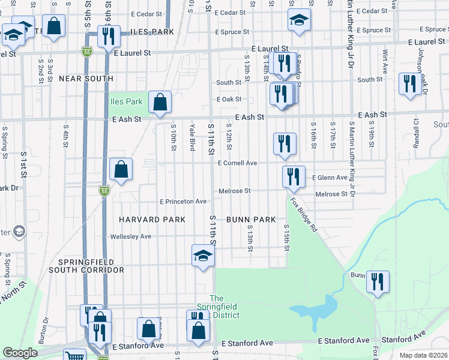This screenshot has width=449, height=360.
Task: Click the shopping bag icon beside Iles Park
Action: click(160, 103)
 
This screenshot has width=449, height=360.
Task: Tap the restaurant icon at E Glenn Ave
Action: click(294, 176)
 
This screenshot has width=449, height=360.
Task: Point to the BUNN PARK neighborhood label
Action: click(251, 220)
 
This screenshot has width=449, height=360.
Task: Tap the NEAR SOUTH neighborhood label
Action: click(86, 79)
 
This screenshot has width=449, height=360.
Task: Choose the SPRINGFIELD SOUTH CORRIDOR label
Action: click(91, 266)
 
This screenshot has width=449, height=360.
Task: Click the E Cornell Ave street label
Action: click(237, 163)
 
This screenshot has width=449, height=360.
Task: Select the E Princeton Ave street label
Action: click(182, 202)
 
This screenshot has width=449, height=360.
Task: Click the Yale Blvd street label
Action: click(193, 137)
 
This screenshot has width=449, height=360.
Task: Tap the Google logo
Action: click(20, 353)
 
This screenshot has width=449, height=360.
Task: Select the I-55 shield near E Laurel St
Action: click(87, 52)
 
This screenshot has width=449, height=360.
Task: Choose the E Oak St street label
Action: click(229, 99)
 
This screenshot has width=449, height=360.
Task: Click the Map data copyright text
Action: click(424, 355)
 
